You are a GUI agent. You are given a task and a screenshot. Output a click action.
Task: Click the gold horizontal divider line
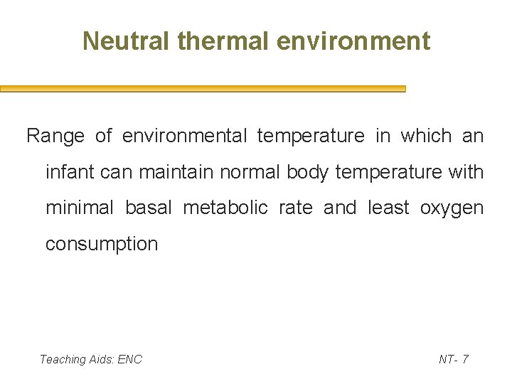click(203, 89)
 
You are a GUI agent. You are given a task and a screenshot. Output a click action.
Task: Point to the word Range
click(55, 136)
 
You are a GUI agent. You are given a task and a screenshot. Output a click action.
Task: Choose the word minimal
click(79, 208)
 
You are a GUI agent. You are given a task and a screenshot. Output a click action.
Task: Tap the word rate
click(295, 208)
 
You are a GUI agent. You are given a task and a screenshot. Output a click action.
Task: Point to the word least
click(388, 208)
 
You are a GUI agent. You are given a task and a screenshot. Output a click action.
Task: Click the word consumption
click(102, 244)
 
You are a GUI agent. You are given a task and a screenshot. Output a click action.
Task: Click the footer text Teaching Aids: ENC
click(91, 359)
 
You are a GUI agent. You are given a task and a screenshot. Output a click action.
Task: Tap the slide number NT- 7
click(454, 359)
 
